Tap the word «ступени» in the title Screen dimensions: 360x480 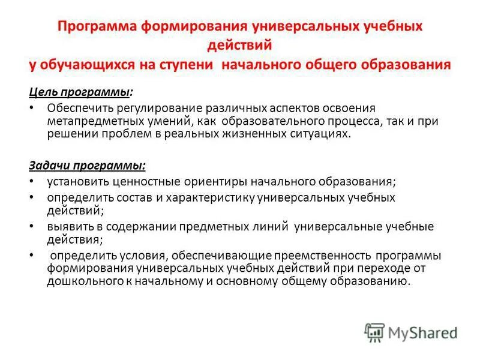[186, 64]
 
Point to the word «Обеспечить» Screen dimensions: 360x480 [76, 108]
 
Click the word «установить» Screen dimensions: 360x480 [73, 181]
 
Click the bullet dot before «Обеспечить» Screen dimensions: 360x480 [32, 109]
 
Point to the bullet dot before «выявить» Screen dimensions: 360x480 [32, 227]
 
